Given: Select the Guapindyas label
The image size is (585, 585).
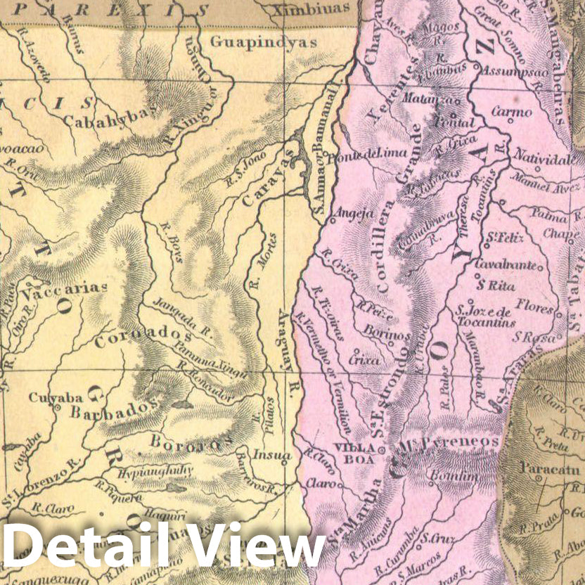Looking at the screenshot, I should click(x=264, y=42).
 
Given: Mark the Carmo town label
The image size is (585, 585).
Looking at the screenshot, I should click(x=511, y=112).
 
